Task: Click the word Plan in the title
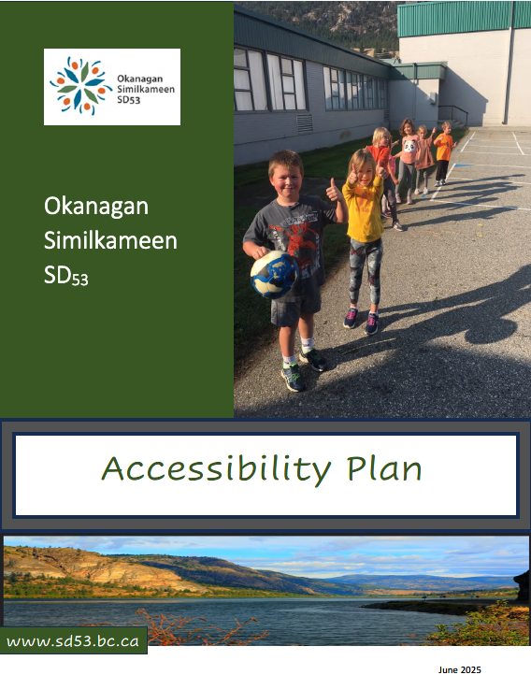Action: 382,468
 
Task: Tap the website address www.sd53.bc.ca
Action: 73,641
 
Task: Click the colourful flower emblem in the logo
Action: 80,87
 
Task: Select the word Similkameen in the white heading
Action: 110,241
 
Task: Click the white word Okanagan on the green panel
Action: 96,206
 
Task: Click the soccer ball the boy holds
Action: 274,273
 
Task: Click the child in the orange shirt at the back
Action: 443,147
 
